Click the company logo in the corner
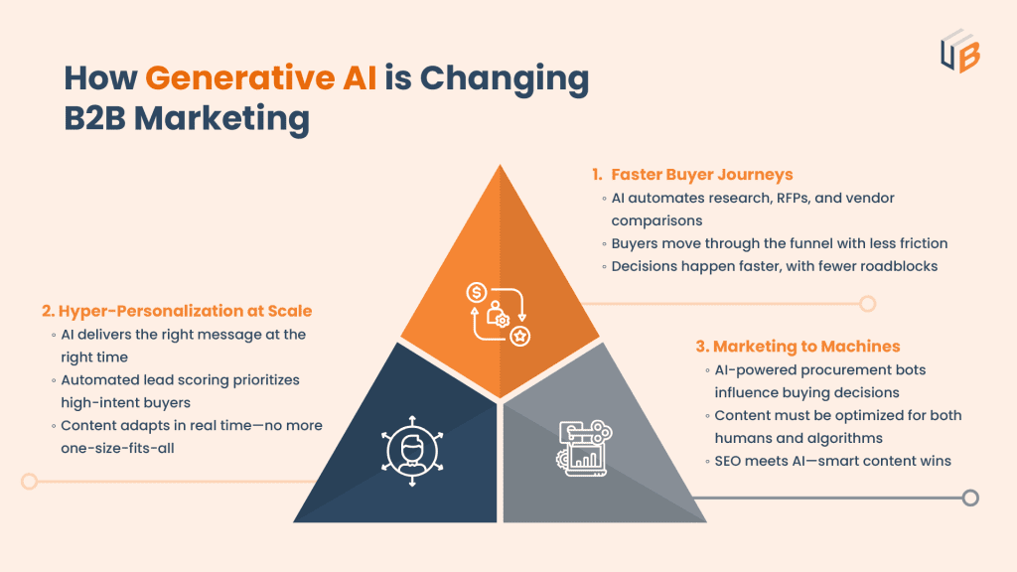959,50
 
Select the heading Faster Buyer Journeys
701,175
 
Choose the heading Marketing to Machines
797,347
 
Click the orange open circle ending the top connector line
867,303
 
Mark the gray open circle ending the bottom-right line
970,498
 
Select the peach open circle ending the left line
30,481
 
